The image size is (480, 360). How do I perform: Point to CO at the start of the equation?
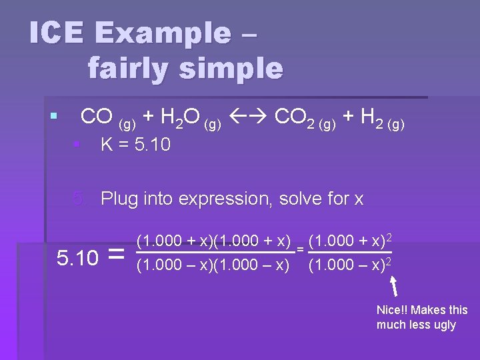[96, 117]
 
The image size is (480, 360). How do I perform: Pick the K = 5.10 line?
[135, 144]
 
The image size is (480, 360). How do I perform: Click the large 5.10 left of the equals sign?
[77, 257]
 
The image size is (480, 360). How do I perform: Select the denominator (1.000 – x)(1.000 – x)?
[213, 265]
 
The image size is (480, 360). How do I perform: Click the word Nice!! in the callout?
[393, 310]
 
